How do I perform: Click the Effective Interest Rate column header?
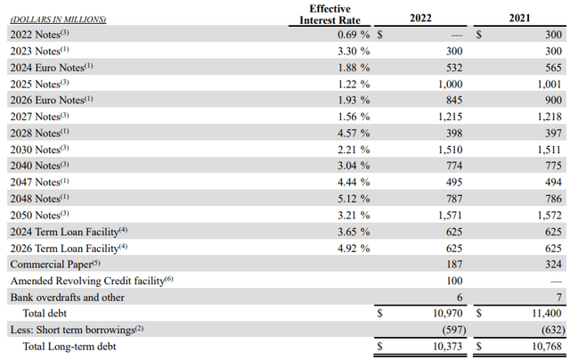(330, 15)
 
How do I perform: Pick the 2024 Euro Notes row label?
(53, 67)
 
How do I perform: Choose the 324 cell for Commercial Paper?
(552, 265)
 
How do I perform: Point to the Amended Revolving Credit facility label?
(91, 281)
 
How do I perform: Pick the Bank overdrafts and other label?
(67, 298)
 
